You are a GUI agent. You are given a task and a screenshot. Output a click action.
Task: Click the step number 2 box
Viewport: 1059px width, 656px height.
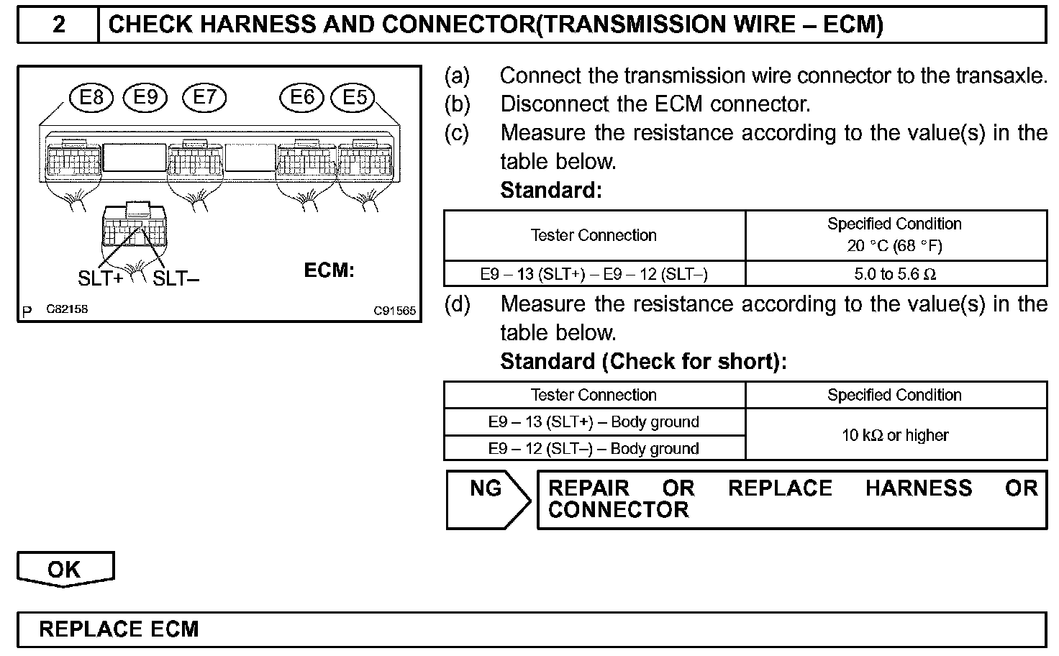pyautogui.click(x=58, y=26)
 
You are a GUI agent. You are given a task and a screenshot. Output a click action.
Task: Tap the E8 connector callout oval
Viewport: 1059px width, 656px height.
pyautogui.click(x=91, y=98)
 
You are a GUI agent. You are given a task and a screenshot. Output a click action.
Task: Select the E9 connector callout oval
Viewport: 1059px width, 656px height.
pyautogui.click(x=145, y=97)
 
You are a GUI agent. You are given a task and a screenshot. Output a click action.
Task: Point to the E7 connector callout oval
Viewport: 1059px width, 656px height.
pyautogui.click(x=204, y=97)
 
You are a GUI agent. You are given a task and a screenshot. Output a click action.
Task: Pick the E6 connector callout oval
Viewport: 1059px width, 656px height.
pyautogui.click(x=302, y=97)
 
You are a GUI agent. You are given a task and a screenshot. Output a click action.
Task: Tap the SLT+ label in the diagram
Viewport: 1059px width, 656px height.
pyautogui.click(x=100, y=278)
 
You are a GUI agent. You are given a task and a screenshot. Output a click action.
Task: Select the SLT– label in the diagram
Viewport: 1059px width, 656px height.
pyautogui.click(x=176, y=278)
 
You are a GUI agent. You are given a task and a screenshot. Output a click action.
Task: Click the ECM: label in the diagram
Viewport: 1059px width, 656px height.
pyautogui.click(x=329, y=270)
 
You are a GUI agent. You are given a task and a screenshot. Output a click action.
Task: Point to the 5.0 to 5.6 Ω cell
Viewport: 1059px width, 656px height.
pyautogui.click(x=896, y=274)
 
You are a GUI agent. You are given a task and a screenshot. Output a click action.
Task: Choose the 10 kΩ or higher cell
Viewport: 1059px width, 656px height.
pyautogui.click(x=896, y=435)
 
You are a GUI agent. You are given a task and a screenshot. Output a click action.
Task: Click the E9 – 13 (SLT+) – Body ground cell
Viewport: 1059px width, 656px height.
pyautogui.click(x=594, y=422)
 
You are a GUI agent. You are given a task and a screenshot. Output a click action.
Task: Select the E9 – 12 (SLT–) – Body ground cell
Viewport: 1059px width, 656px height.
pyautogui.click(x=594, y=449)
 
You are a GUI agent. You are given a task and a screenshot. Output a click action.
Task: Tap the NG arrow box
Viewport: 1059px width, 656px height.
pyautogui.click(x=487, y=498)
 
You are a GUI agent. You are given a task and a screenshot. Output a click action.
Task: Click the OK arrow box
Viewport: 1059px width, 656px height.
pyautogui.click(x=65, y=570)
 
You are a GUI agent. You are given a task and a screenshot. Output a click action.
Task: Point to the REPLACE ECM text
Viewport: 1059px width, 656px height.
pyautogui.click(x=119, y=629)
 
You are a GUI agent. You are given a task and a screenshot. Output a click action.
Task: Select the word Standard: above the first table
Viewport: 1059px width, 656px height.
pyautogui.click(x=550, y=191)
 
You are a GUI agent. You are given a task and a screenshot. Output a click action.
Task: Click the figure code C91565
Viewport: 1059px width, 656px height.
pyautogui.click(x=394, y=311)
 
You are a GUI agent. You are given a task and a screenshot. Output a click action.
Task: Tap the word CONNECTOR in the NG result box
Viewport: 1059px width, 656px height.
pyautogui.click(x=619, y=511)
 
